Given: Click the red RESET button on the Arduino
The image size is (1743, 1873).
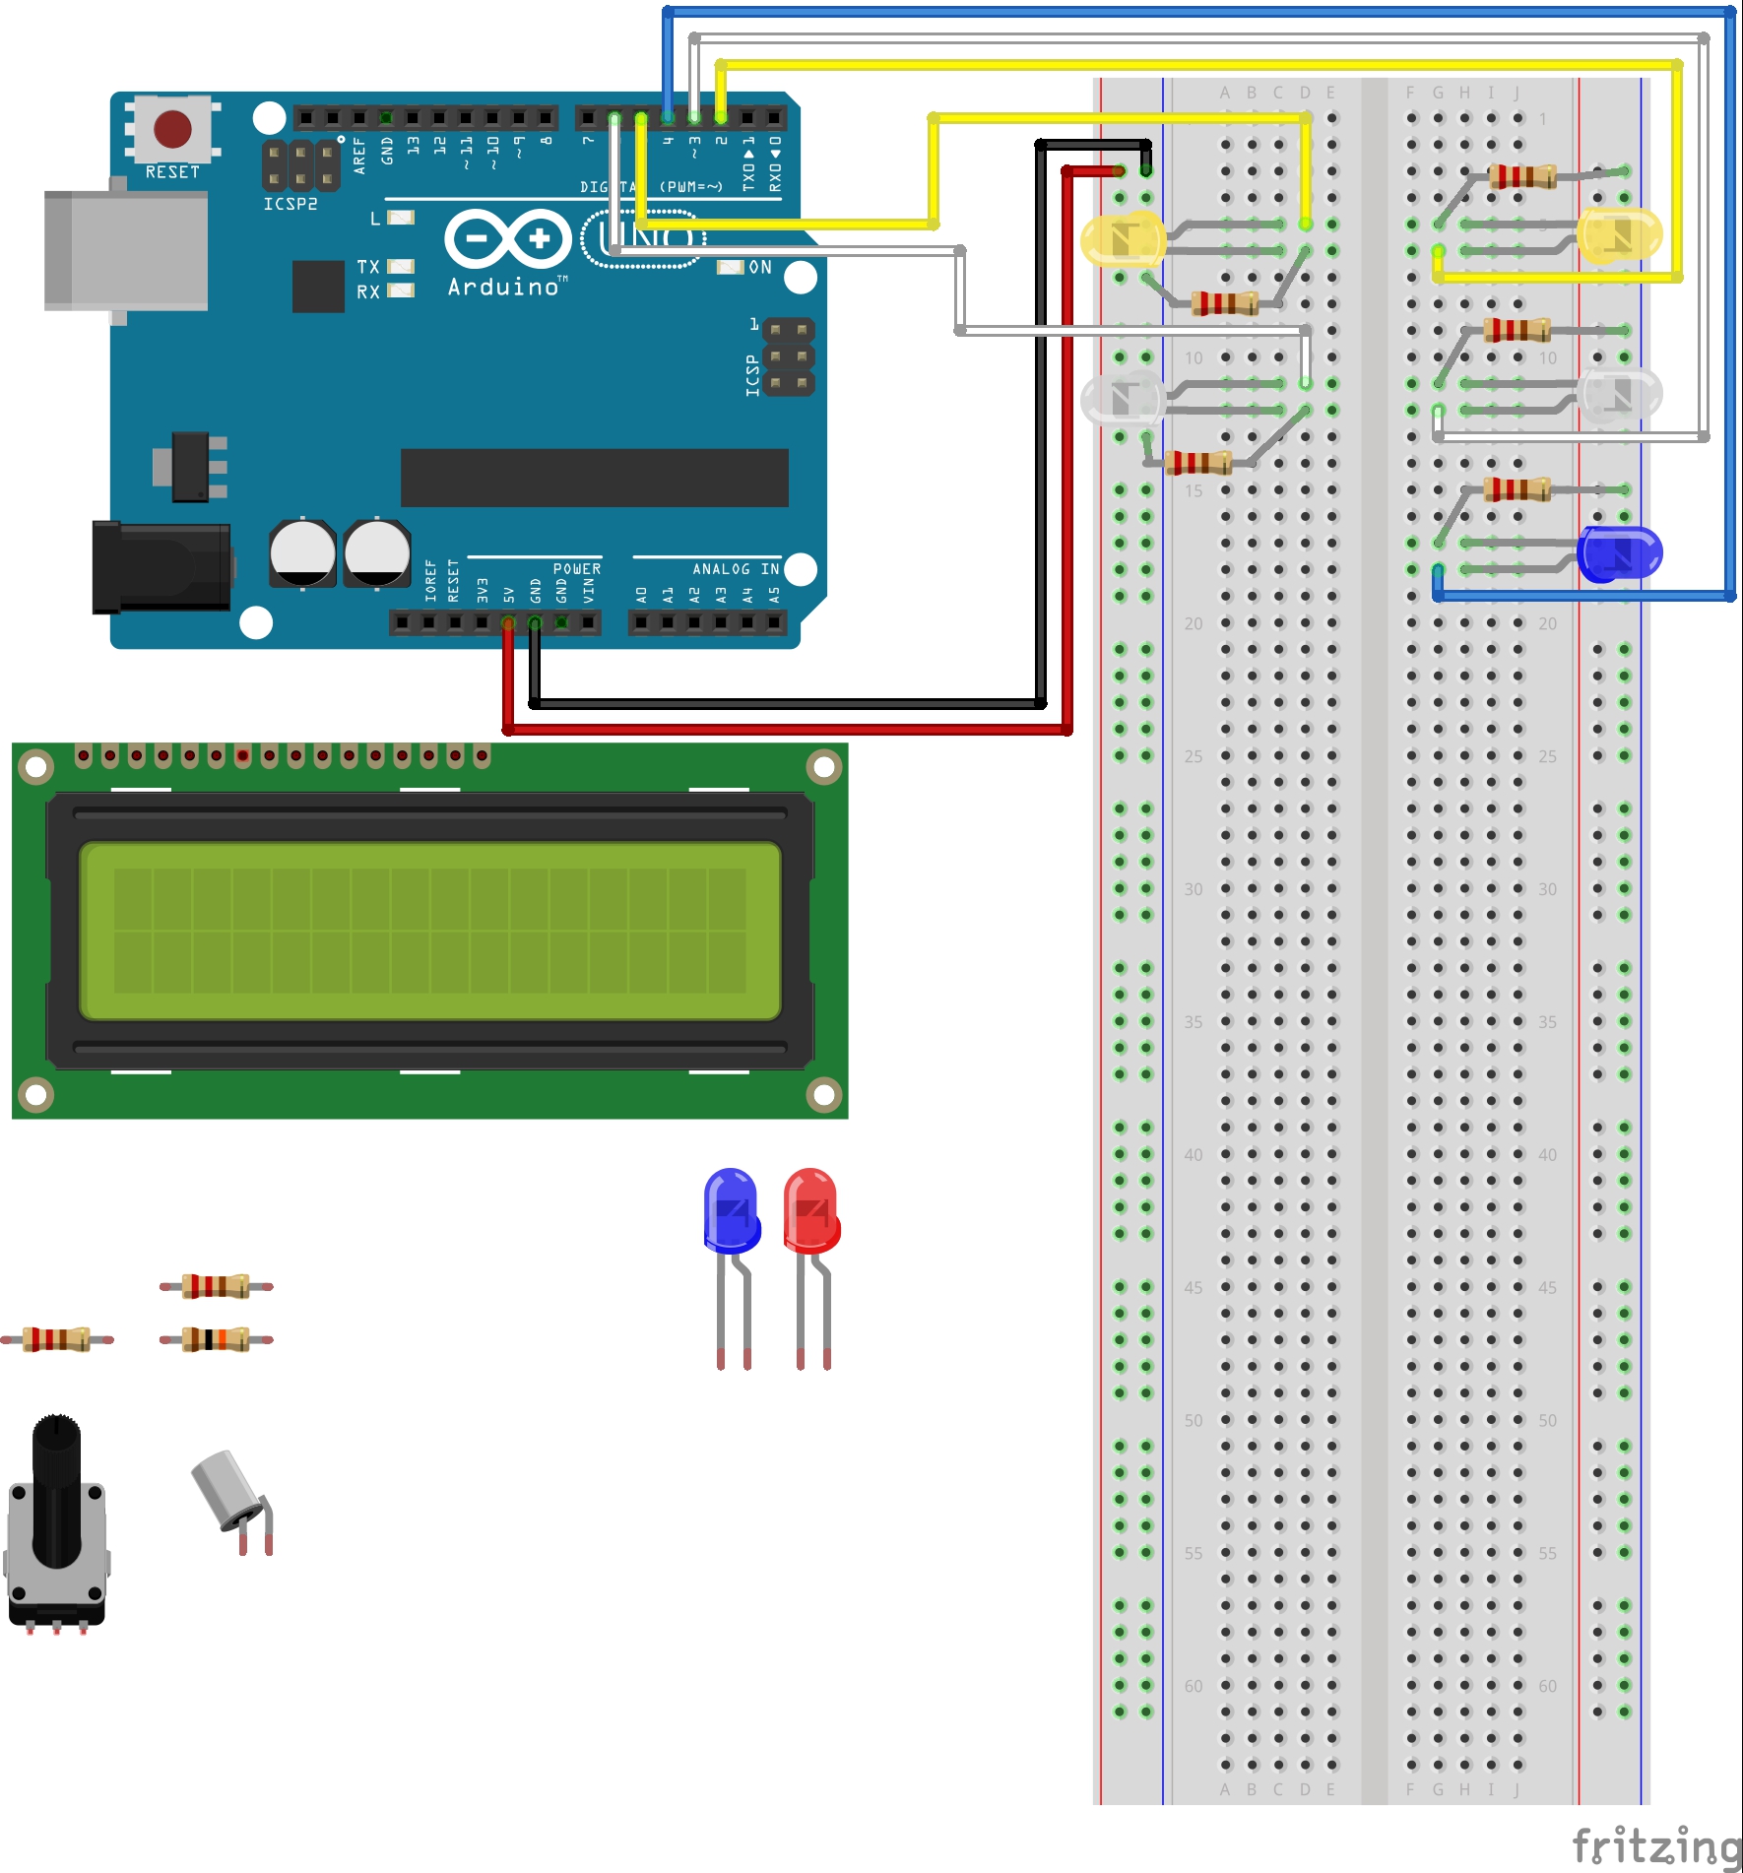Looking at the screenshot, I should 172,129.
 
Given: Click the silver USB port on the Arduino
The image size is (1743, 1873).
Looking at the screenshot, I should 125,250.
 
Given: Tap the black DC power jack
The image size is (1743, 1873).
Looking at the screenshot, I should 161,566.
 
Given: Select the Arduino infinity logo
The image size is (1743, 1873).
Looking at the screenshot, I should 508,238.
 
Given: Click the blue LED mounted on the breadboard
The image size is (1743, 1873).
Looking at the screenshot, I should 1619,553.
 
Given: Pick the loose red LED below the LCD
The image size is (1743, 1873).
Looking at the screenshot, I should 811,1211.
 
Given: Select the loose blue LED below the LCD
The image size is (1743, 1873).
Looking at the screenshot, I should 732,1211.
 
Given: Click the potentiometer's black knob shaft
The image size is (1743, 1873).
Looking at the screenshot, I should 56,1487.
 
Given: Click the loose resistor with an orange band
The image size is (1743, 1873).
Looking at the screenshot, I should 217,1339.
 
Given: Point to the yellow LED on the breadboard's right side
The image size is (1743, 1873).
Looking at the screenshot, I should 1619,235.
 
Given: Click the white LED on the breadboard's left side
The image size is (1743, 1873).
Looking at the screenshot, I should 1123,397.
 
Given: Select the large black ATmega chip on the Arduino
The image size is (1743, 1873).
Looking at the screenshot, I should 594,478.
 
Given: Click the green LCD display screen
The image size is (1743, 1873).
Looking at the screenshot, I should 429,931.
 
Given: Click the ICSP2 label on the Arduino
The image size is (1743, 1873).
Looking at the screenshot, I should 290,204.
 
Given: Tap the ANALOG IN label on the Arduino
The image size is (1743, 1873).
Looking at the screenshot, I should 735,569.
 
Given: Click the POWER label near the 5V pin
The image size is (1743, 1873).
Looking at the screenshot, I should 576,569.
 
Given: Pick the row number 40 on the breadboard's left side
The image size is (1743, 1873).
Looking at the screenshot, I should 1194,1154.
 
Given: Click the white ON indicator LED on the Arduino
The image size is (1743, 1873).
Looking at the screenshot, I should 730,267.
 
